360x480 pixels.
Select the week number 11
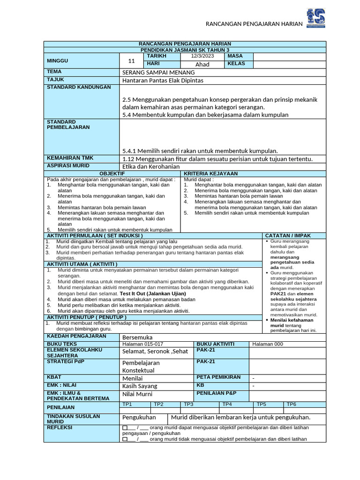[131, 60]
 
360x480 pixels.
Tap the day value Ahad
[202, 64]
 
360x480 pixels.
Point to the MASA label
[235, 56]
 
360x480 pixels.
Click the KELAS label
[236, 64]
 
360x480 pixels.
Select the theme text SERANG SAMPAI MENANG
[154, 72]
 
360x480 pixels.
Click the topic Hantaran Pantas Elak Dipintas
[163, 80]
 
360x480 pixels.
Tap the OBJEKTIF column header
[112, 173]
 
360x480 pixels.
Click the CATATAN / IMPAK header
[288, 235]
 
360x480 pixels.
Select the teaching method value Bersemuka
[137, 337]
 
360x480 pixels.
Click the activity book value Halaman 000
[267, 344]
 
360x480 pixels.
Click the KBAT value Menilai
[132, 377]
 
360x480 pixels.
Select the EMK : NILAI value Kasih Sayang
[140, 386]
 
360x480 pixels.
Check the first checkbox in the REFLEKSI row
[125, 428]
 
